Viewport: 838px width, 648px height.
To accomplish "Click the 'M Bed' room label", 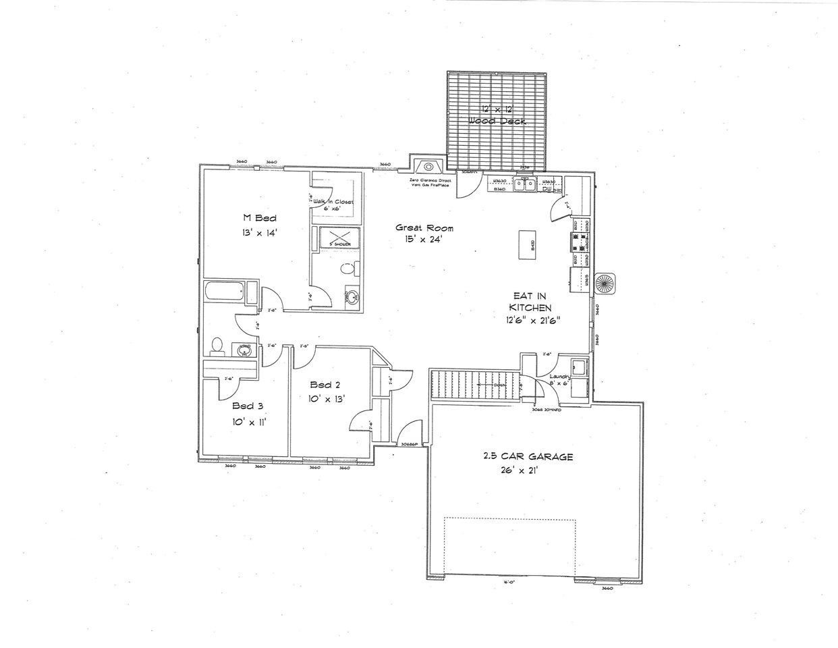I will [260, 217].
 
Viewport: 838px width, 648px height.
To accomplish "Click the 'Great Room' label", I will [424, 228].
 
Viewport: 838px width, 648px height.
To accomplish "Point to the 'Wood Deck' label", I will [498, 121].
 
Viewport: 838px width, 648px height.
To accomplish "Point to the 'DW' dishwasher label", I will [547, 190].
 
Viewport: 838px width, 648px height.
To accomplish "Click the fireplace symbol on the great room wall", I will [428, 167].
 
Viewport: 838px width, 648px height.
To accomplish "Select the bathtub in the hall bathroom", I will [224, 293].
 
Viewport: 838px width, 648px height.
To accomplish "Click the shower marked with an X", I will [335, 239].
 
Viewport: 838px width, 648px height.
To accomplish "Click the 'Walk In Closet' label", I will [333, 202].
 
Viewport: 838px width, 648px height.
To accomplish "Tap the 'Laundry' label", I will [559, 377].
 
